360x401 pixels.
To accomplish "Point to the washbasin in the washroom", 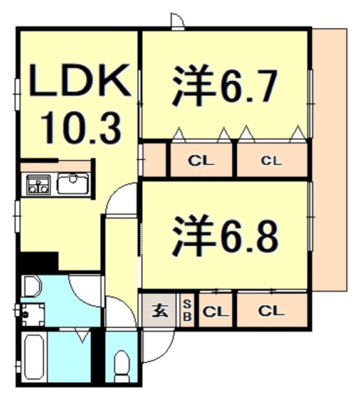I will (x=32, y=288).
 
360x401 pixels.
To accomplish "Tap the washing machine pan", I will (x=31, y=313).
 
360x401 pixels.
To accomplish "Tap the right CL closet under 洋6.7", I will (x=271, y=160).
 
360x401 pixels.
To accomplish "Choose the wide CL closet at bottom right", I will (x=272, y=310).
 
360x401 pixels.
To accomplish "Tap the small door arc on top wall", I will (x=177, y=21).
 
